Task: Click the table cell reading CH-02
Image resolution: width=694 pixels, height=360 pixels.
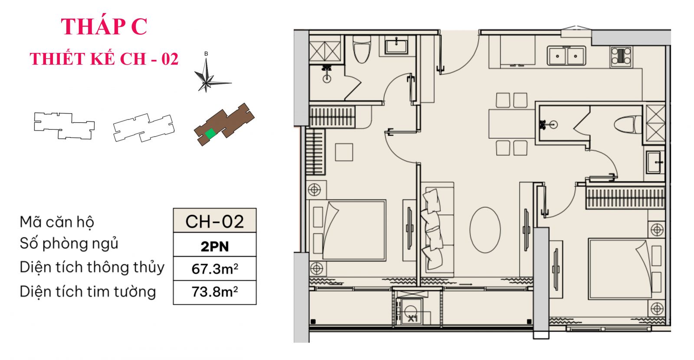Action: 214,221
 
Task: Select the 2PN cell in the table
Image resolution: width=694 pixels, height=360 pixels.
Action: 214,246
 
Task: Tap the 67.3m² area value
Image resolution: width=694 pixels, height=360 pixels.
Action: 214,269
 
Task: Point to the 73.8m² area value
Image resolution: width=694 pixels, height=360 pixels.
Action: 214,292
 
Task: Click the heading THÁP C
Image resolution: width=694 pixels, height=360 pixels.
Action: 104,26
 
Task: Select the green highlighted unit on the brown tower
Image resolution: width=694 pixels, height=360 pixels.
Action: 210,134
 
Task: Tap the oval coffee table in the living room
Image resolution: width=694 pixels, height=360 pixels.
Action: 485,230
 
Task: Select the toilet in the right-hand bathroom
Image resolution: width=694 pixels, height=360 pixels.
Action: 628,125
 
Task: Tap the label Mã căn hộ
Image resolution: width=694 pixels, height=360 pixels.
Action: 57,222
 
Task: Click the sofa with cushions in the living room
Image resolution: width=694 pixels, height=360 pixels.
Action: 437,229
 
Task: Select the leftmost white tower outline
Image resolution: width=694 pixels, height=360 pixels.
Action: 64,125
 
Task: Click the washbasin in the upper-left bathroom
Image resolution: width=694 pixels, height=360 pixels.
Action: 396,45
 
